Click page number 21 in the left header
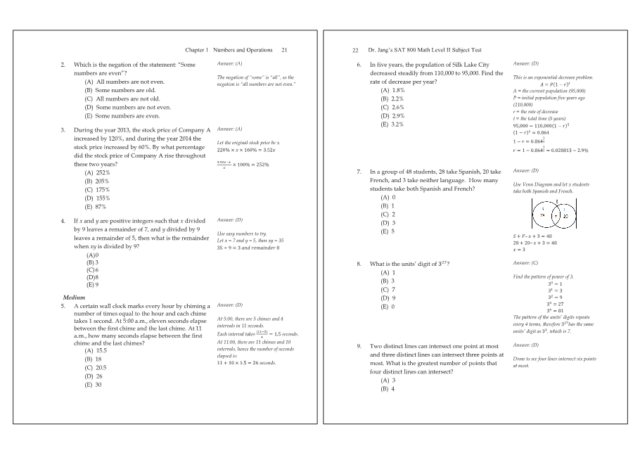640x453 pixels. point(284,50)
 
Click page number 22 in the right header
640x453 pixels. point(356,50)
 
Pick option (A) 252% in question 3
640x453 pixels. point(97,172)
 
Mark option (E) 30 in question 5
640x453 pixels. point(93,385)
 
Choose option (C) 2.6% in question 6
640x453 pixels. point(392,107)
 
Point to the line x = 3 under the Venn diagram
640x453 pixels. point(520,249)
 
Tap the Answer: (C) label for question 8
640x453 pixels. point(525,263)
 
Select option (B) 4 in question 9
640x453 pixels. point(388,389)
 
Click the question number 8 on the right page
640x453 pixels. point(359,264)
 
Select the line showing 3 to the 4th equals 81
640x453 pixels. point(556,310)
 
